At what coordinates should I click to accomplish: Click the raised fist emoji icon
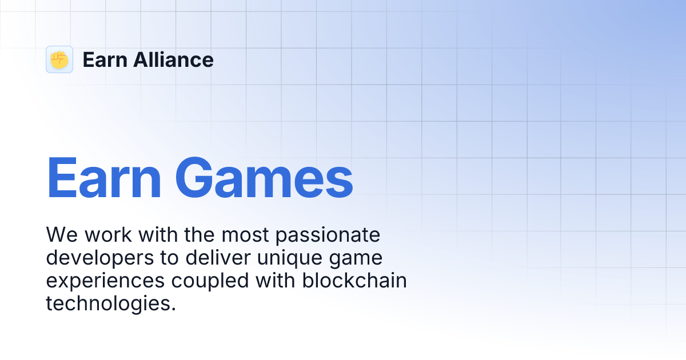tap(59, 59)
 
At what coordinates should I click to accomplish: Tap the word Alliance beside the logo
tap(174, 59)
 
